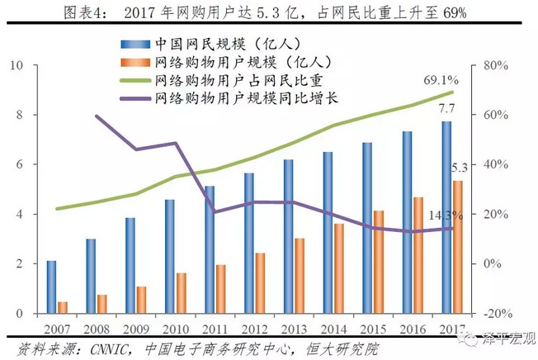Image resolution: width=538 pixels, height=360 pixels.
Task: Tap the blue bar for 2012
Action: [x=248, y=243]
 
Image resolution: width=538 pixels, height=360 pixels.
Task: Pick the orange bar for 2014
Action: [x=338, y=268]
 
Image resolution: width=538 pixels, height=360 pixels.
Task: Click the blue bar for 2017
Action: [x=446, y=217]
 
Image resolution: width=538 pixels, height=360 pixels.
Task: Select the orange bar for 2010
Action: [x=182, y=292]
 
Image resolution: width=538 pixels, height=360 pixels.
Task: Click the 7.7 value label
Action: [x=446, y=108]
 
